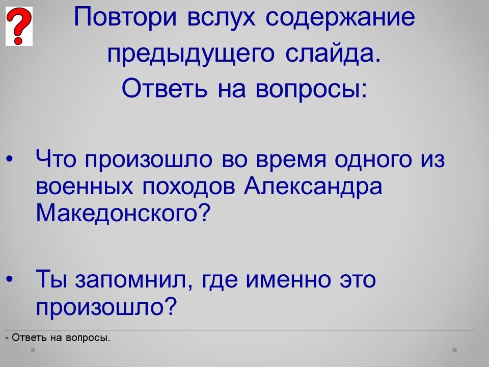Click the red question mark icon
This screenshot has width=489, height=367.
19,26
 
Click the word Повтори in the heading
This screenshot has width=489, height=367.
125,18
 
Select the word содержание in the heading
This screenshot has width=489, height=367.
340,18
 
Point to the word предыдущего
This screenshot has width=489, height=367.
191,55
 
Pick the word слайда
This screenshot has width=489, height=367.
333,54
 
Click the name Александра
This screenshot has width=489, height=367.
313,187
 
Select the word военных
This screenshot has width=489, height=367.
85,187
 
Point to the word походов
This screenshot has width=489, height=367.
188,187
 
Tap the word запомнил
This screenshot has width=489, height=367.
133,279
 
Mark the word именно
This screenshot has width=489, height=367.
288,280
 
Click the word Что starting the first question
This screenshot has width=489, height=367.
56,159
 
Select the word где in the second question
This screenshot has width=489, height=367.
219,280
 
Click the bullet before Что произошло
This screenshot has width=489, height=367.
10,160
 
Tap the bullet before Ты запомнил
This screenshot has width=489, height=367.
10,279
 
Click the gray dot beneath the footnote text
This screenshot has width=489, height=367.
33,350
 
